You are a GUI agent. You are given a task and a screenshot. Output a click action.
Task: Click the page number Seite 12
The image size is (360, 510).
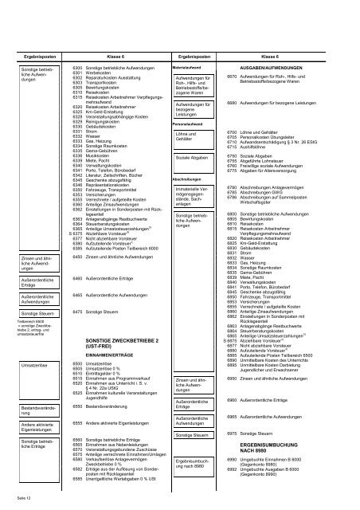tap(22, 498)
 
